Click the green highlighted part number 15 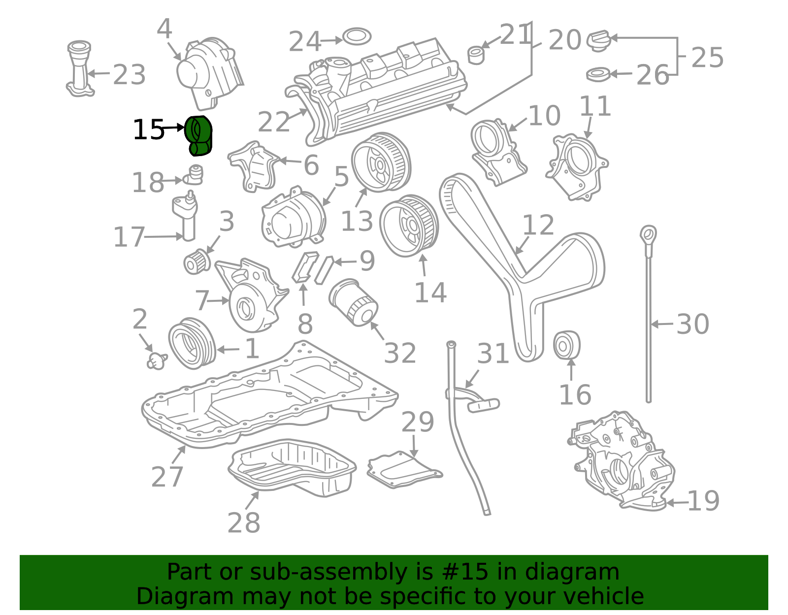198,136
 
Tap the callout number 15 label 149,129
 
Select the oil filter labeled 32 353,302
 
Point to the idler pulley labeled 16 566,345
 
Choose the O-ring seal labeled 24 357,36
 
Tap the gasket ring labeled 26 598,75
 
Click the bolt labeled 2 157,361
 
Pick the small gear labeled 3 197,261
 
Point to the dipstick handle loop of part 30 648,234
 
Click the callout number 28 244,522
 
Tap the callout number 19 703,501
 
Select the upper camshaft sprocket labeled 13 381,162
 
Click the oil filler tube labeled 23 80,69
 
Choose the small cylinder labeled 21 476,55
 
